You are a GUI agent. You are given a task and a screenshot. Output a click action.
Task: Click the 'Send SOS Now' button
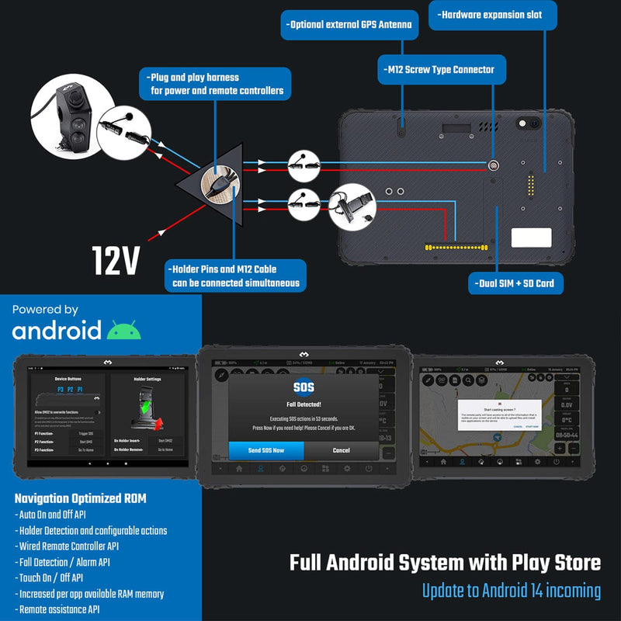(266, 450)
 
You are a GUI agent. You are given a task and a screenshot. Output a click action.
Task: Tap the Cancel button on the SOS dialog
(342, 450)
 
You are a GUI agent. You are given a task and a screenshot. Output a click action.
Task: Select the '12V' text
(115, 261)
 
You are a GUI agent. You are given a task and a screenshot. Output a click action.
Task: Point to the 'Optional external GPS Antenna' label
(349, 25)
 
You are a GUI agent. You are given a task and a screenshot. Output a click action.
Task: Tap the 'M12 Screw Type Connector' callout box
(438, 69)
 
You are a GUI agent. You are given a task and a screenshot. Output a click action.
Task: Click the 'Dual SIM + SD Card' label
(515, 283)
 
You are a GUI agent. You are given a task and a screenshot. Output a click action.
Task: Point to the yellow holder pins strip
(458, 248)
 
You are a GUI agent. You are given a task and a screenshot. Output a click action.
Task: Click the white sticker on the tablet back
(531, 237)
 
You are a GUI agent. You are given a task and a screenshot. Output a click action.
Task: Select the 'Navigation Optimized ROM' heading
(80, 498)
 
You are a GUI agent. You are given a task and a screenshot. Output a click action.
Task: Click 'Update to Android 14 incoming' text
(511, 591)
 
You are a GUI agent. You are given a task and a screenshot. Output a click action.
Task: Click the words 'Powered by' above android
(45, 310)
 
